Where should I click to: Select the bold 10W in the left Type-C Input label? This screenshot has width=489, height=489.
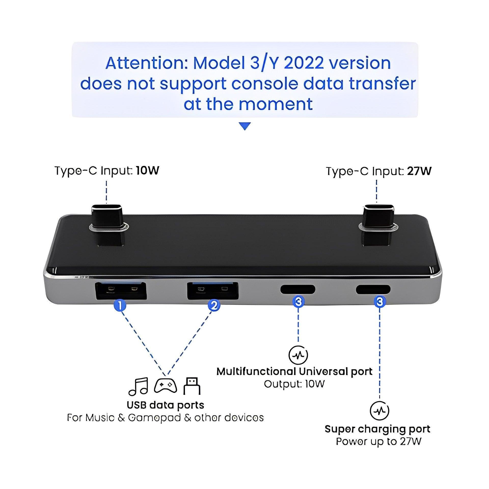147,171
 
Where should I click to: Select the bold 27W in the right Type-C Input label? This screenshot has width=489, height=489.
419,171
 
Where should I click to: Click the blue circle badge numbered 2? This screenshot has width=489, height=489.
214,306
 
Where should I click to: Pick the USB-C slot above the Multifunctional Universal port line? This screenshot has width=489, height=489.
297,290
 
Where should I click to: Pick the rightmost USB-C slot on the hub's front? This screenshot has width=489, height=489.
373,289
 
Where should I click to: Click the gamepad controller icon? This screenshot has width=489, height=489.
165,386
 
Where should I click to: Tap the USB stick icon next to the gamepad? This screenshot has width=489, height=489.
192,386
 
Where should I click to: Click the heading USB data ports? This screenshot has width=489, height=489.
165,405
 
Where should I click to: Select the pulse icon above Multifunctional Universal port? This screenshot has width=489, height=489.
298,355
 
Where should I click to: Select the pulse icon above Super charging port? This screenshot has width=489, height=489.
379,411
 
